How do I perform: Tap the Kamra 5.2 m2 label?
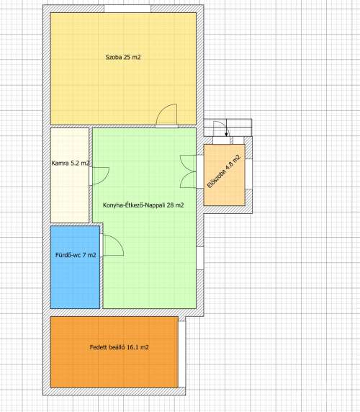pyautogui.click(x=71, y=164)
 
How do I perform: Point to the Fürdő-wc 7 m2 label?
pyautogui.click(x=76, y=255)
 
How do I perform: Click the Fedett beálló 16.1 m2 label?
pyautogui.click(x=119, y=347)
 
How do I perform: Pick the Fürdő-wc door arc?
pyautogui.click(x=112, y=246)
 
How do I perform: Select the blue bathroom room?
pyautogui.click(x=75, y=281)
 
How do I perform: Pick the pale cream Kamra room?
pyautogui.click(x=70, y=194)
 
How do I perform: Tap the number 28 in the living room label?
pyautogui.click(x=170, y=205)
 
